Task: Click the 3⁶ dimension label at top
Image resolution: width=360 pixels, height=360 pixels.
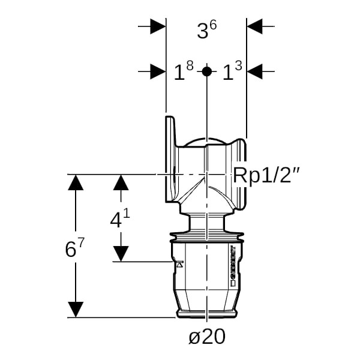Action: [206, 31]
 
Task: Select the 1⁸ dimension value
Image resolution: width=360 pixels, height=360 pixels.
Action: [183, 73]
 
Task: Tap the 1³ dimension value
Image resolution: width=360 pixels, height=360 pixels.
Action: [232, 73]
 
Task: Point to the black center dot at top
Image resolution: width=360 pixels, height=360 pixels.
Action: [206, 71]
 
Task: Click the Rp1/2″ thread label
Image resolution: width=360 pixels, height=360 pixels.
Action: [266, 175]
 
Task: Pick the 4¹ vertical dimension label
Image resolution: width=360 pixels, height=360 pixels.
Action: [120, 219]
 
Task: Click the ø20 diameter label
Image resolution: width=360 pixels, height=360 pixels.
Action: [206, 337]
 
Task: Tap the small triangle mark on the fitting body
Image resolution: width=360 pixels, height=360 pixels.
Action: [178, 264]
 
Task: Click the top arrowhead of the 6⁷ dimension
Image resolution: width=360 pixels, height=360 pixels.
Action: [75, 182]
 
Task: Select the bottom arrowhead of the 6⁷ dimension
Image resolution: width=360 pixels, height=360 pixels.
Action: [75, 309]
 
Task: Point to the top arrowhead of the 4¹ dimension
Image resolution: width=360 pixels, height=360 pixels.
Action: [121, 182]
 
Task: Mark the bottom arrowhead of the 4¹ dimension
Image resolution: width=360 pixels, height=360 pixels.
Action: [121, 254]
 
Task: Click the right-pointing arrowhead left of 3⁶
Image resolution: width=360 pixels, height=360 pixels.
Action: [157, 26]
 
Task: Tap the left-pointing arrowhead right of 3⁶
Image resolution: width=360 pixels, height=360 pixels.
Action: [254, 26]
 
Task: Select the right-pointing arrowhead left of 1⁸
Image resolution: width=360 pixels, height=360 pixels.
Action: [157, 71]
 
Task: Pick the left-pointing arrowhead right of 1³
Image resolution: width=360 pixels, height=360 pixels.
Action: [254, 71]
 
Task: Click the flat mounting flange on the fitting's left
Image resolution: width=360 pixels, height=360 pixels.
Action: [170, 159]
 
